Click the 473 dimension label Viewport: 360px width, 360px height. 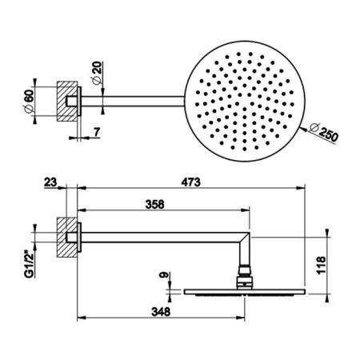190,182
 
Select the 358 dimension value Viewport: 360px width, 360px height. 154,205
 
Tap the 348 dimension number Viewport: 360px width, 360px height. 161,311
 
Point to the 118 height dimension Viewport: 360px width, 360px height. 321,265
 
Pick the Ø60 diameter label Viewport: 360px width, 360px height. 29,101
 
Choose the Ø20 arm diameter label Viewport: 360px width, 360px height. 97,73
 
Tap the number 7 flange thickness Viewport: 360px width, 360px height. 97,132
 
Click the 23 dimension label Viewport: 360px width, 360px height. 50,182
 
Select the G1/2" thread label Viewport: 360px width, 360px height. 30,266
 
